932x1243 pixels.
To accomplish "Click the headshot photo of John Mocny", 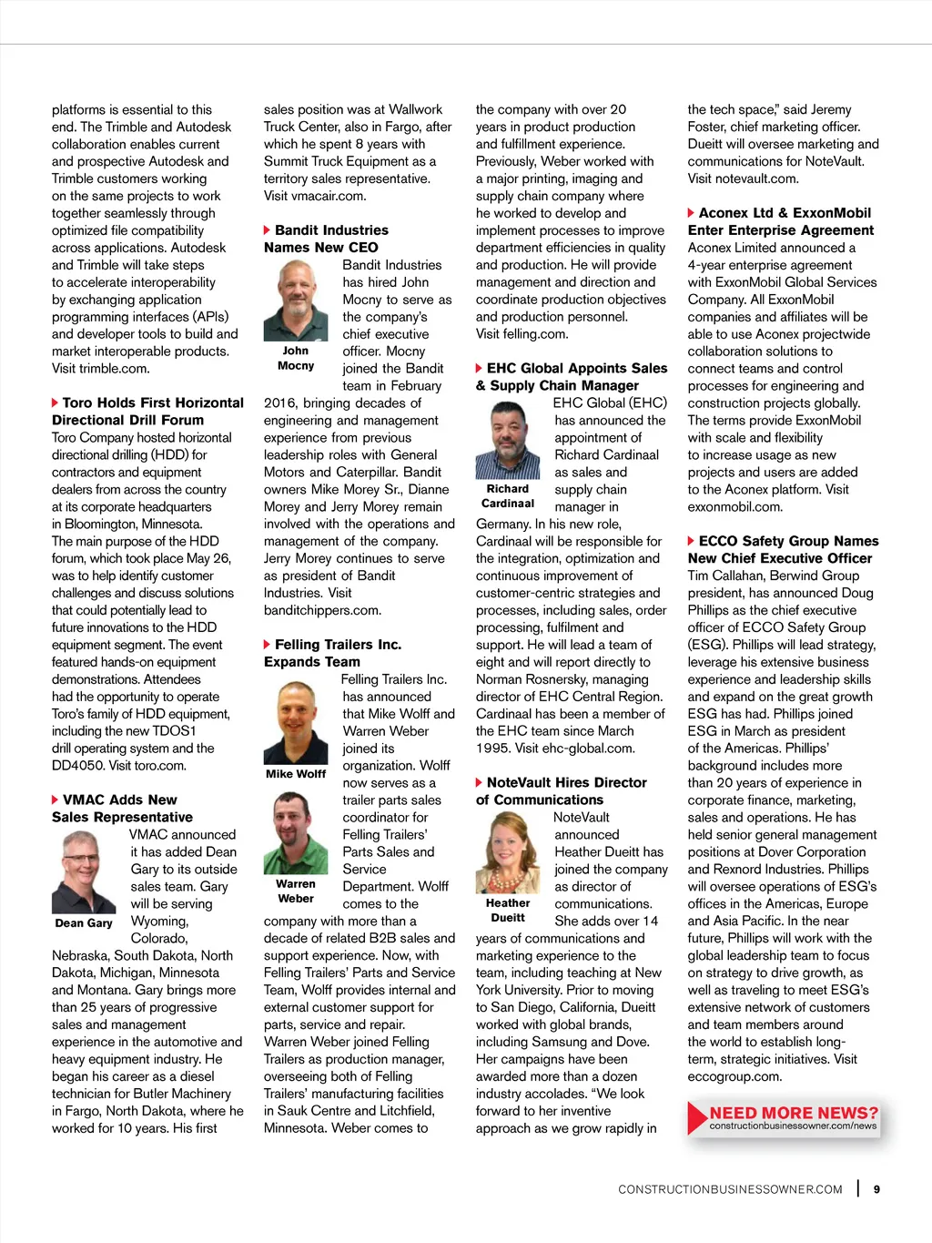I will click(x=296, y=301).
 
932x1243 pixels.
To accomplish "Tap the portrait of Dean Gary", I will click(x=84, y=871).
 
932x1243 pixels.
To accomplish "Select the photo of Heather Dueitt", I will click(x=508, y=854).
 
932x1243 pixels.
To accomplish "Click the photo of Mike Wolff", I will click(x=296, y=722).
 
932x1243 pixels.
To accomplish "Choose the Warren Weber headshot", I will click(x=296, y=833).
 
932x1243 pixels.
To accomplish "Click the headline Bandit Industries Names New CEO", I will click(x=326, y=239).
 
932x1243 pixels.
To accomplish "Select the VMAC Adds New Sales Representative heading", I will click(x=122, y=808).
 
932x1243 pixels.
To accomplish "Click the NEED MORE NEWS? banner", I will click(x=785, y=1118).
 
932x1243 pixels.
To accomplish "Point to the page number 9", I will click(x=876, y=1189).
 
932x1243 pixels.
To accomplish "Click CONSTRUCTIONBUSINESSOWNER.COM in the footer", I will click(x=730, y=1189).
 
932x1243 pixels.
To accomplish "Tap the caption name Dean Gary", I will click(x=84, y=922).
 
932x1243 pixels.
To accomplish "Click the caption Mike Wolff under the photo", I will click(x=296, y=774).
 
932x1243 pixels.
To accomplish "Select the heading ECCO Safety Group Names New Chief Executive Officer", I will click(x=783, y=549).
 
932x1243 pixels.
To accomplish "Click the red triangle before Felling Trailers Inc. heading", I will click(x=267, y=645).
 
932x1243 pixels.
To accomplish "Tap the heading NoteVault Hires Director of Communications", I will click(x=561, y=790).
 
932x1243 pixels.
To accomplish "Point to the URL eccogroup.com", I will click(x=734, y=1076).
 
